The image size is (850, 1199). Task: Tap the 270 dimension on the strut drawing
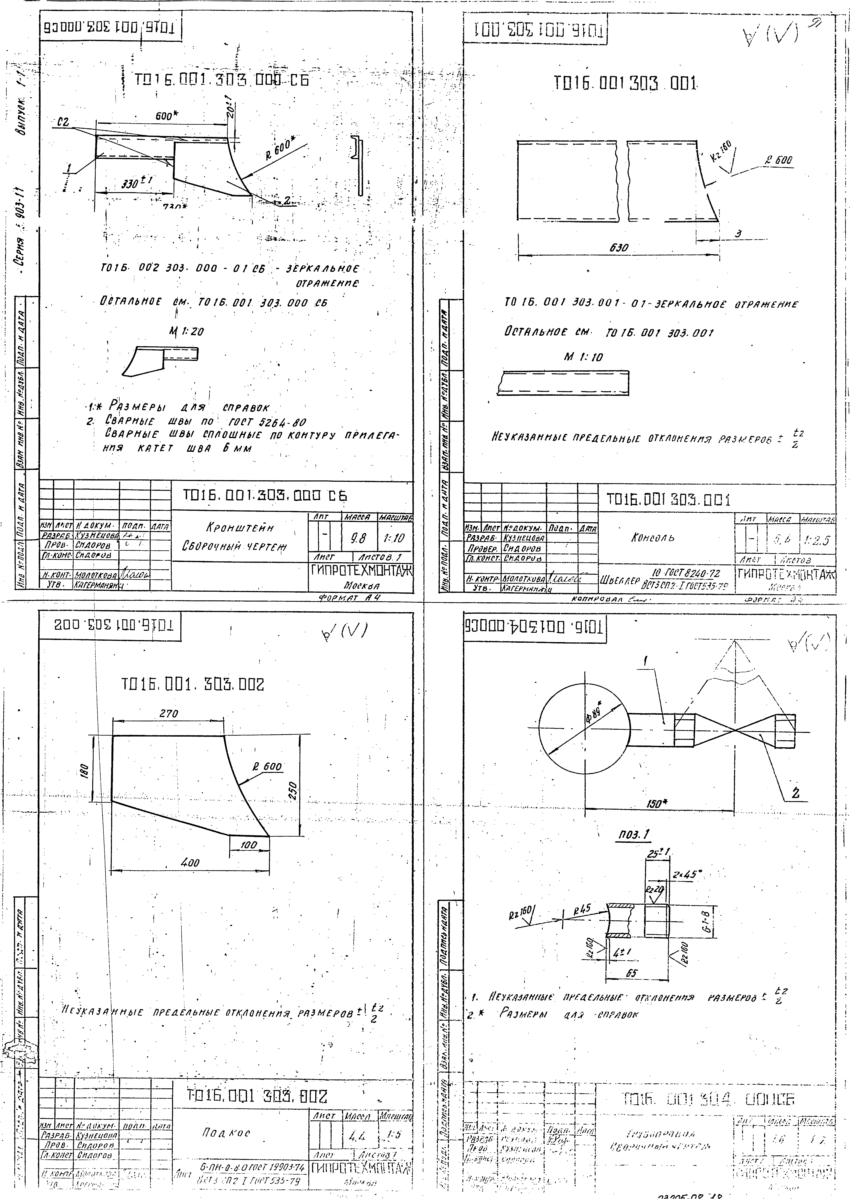click(x=169, y=713)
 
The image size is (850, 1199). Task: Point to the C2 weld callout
click(x=63, y=123)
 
